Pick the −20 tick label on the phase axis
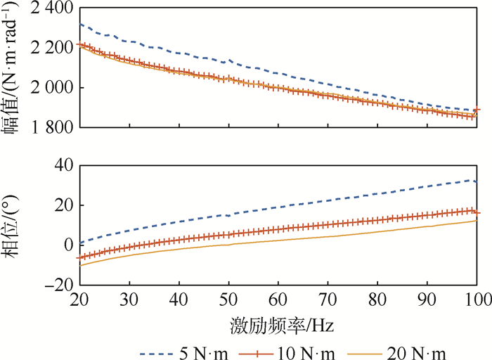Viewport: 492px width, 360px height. coord(59,285)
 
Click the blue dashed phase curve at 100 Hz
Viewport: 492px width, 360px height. coord(477,182)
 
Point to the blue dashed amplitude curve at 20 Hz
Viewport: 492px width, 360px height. coord(80,24)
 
